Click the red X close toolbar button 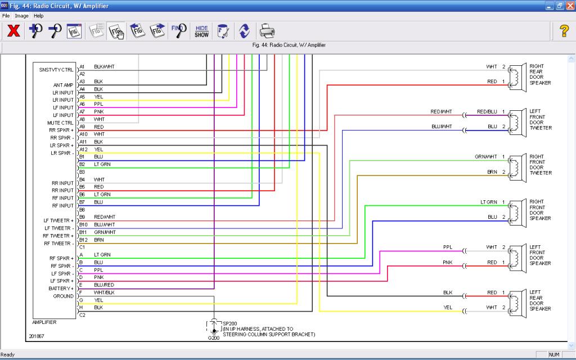pos(13,31)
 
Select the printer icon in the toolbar pos(267,31)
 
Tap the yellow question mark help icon pos(564,31)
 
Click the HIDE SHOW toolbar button pos(202,31)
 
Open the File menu pos(6,16)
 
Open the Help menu pos(39,16)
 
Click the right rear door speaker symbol pos(517,76)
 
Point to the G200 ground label pos(213,338)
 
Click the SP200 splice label pos(230,323)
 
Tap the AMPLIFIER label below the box pos(44,322)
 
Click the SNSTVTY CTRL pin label pos(56,70)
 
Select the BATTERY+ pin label pos(61,289)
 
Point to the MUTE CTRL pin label pos(60,123)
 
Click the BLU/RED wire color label pos(104,285)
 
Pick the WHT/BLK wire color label pos(104,292)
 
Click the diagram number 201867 pos(37,336)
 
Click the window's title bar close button pos(570,6)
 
